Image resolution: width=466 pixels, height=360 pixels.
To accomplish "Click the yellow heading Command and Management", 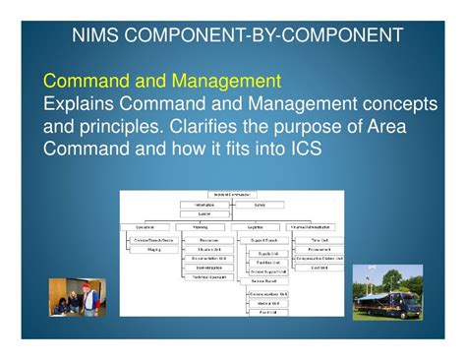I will pos(162,79).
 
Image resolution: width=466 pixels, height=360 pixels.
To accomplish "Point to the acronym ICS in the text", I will pos(302,150).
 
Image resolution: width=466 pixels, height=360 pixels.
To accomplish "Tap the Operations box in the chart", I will pos(145,227).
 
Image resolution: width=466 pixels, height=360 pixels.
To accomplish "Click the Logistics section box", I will pos(256,227).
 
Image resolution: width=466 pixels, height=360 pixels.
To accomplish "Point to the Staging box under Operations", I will pos(155,250).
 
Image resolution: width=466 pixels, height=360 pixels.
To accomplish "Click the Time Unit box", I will pos(319,239).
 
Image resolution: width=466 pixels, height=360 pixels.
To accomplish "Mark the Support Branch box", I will pos(261,239).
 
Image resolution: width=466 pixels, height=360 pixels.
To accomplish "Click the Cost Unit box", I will pos(319,268).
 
